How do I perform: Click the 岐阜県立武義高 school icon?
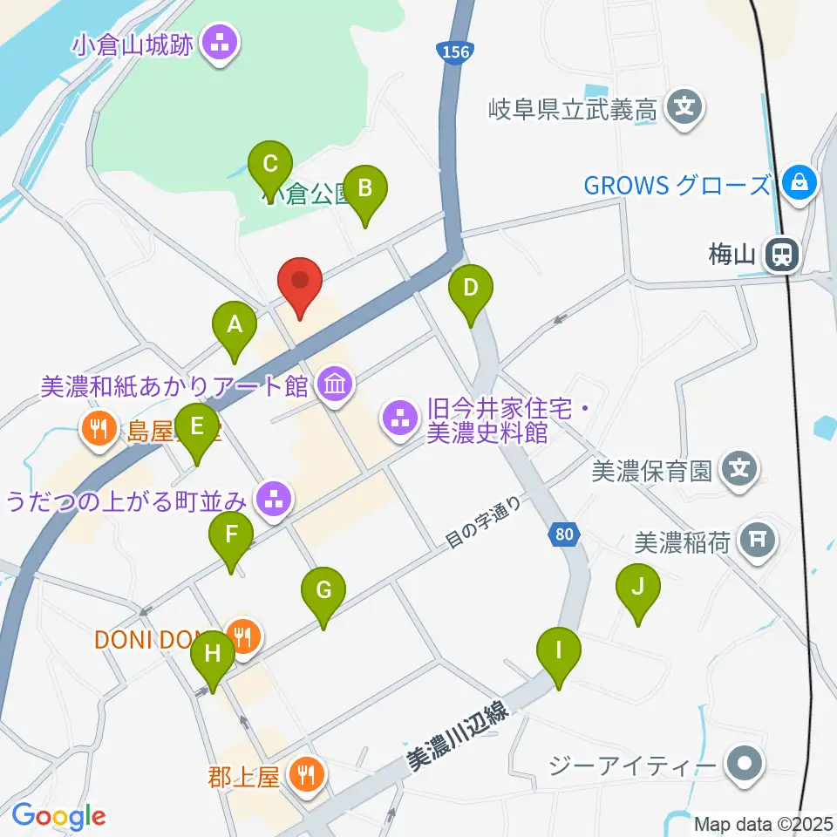[x=684, y=109]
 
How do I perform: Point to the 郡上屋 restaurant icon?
[x=306, y=773]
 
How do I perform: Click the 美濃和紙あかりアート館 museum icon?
[x=335, y=384]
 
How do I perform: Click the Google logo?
[x=58, y=816]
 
